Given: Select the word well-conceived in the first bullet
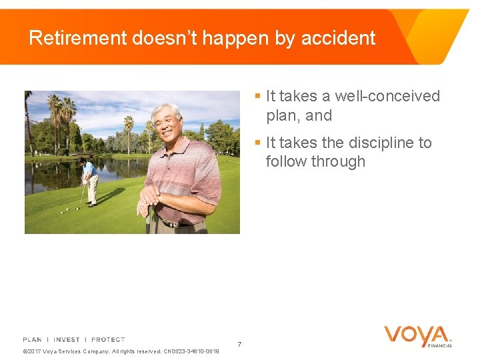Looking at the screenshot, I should [387, 96].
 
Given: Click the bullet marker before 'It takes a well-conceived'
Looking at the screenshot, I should [257, 96].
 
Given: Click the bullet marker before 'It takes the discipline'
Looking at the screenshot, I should [257, 143].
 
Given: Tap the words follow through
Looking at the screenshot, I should [315, 161].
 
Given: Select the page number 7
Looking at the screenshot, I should [239, 344].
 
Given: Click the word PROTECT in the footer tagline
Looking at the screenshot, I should [108, 340].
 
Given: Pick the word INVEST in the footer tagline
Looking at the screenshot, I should [67, 340].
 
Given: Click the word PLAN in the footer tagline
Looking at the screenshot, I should [32, 340].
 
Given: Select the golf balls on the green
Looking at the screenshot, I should [69, 210].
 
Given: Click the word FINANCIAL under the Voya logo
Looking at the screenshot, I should [440, 345].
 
